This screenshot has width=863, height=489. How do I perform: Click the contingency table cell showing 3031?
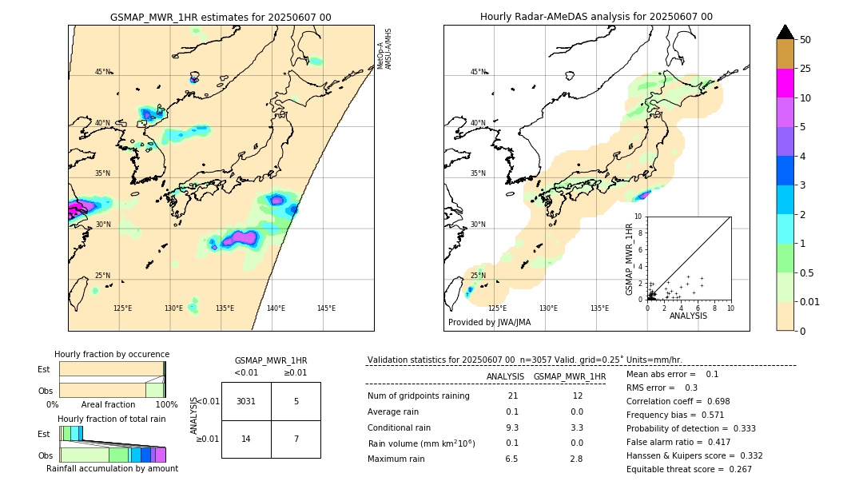click(x=246, y=401)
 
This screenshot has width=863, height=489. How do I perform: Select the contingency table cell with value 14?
click(x=246, y=439)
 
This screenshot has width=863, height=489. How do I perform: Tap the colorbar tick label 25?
click(x=805, y=69)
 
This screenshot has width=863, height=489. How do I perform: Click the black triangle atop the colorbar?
click(x=785, y=32)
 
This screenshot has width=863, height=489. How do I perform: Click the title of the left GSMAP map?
click(x=221, y=17)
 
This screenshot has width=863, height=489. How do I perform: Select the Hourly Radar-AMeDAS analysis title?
click(x=596, y=17)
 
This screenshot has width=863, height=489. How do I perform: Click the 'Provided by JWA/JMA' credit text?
click(x=489, y=323)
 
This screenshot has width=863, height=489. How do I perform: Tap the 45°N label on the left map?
click(x=103, y=72)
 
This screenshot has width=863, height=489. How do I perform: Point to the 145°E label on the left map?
click(x=326, y=308)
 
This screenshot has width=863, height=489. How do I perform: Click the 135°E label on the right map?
click(x=599, y=308)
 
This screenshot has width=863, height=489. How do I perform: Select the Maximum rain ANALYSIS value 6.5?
click(x=511, y=459)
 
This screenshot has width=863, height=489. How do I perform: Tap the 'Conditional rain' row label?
click(x=399, y=427)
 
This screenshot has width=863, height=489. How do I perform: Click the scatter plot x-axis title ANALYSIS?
click(x=688, y=316)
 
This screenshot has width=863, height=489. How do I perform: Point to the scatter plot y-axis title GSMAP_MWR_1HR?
click(x=630, y=258)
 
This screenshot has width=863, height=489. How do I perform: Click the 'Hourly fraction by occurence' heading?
click(x=112, y=354)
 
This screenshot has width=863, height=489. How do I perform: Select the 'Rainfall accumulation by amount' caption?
click(x=112, y=468)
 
